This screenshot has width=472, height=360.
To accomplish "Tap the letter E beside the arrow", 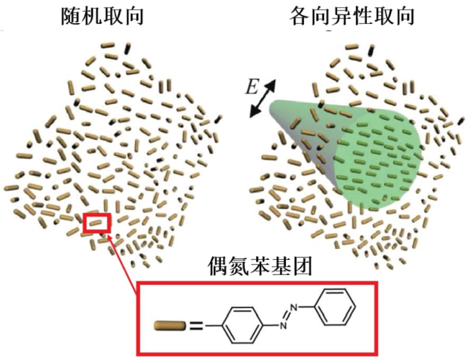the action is coord(252,87).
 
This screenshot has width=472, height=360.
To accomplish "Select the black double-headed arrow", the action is coord(263,98).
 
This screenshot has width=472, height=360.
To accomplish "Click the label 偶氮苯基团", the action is coord(260,267).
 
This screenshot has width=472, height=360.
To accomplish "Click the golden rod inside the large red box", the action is coord(170,326).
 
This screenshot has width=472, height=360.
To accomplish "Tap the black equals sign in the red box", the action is coord(197,326).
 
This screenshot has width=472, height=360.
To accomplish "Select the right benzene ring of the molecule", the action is coord(335,307).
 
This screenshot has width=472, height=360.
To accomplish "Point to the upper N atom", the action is coord(295,307).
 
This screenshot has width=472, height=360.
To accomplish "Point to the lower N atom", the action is coord(282,325).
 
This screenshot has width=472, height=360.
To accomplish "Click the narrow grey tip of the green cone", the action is coord(272,108).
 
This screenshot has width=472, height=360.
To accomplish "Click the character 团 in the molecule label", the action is coord(302,267).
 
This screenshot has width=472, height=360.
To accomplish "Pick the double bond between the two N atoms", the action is coord(288,316).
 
